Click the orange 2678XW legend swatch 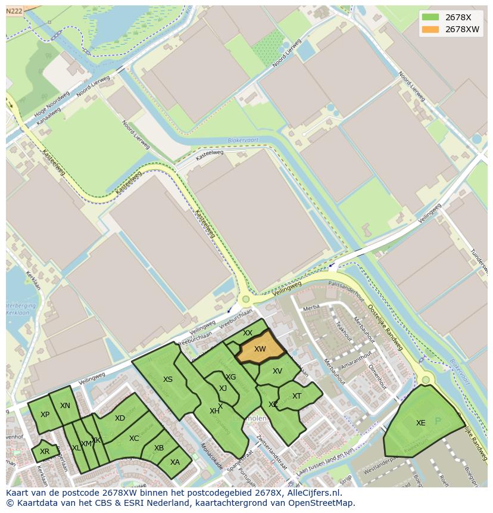[x=430, y=30]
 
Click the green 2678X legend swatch [x=430, y=17]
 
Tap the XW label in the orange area [x=260, y=349]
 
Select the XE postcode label [x=421, y=423]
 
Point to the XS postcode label [x=168, y=380]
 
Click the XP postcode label [x=45, y=415]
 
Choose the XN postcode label [x=65, y=406]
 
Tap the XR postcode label [x=45, y=452]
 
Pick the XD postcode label [x=120, y=418]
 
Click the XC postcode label [x=134, y=439]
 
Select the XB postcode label [x=159, y=448]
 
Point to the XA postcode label [x=175, y=462]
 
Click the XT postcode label [x=297, y=396]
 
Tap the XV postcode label [x=277, y=371]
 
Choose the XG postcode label [x=231, y=377]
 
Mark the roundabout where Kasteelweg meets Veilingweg [x=245, y=300]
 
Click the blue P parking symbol [x=439, y=420]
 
